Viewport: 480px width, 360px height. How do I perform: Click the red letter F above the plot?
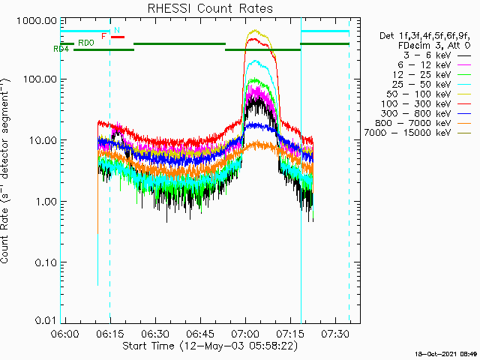pyautogui.click(x=104, y=36)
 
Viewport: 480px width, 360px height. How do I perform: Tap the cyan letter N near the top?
pyautogui.click(x=117, y=30)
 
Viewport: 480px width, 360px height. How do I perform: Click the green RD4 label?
pyautogui.click(x=61, y=49)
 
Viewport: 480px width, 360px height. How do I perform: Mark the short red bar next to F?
pyautogui.click(x=117, y=37)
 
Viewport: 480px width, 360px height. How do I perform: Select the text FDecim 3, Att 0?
pyautogui.click(x=430, y=45)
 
